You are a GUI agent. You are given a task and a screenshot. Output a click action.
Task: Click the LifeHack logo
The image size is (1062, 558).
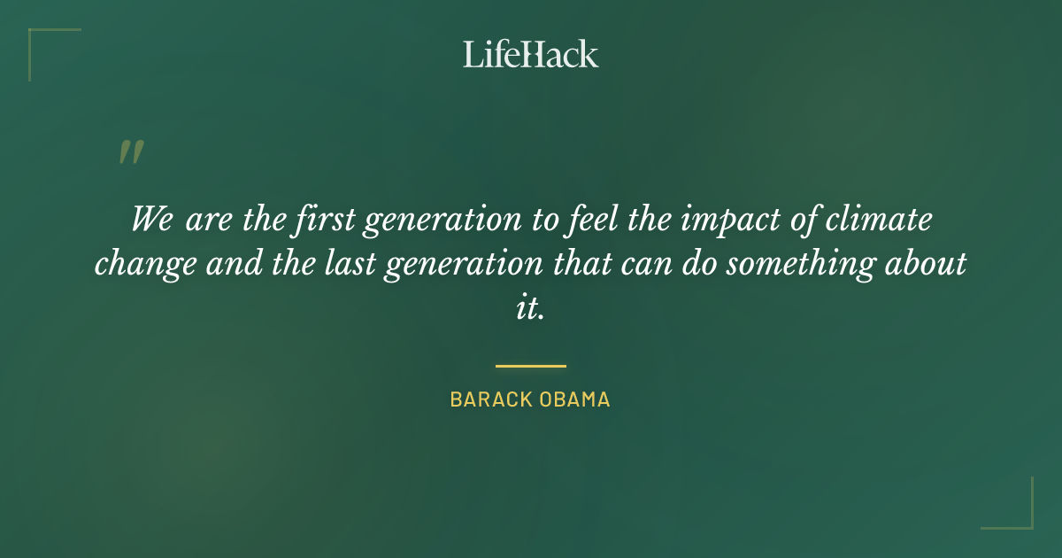pyautogui.click(x=530, y=54)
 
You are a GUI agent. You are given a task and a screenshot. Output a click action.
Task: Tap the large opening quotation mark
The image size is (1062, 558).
pyautogui.click(x=130, y=153)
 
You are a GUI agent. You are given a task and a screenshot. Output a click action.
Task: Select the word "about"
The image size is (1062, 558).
pyautogui.click(x=930, y=264)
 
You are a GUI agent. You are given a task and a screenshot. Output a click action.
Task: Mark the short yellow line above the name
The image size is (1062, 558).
pyautogui.click(x=530, y=365)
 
